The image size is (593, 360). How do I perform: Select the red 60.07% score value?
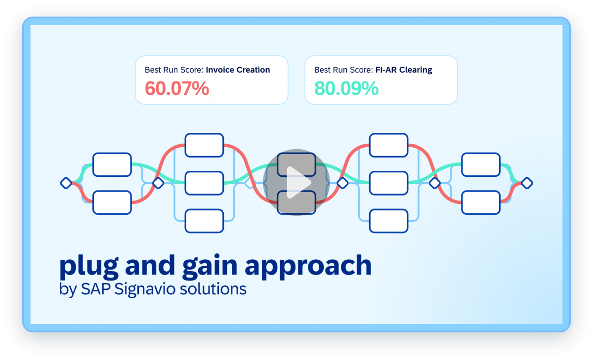coord(177,89)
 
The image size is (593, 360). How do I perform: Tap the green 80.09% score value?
coord(346,89)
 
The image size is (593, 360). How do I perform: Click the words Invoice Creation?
coord(238,70)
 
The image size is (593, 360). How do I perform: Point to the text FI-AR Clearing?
coord(403,70)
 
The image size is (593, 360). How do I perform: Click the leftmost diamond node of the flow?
coord(66,183)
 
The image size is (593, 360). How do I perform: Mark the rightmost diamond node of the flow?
coord(527,183)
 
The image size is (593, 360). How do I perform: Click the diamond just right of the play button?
coord(342,183)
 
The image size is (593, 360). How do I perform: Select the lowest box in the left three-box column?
coord(204,221)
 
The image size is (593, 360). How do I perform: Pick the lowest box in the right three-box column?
coord(388,221)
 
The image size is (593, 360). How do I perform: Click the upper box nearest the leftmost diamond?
coord(112,164)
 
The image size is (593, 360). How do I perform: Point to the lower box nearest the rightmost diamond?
coord(480,202)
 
